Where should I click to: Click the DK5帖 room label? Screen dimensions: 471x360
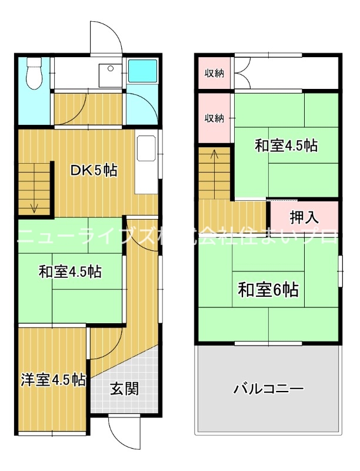(94, 171)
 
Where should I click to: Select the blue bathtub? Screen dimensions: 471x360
(142, 71)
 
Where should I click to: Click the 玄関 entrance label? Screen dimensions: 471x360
(124, 389)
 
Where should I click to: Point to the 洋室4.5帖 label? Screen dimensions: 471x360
(52, 380)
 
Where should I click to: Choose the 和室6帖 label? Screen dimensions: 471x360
(268, 290)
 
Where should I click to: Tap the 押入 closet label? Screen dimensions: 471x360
(304, 217)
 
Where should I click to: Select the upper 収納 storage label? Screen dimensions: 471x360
(214, 74)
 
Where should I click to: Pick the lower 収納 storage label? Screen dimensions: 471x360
(214, 118)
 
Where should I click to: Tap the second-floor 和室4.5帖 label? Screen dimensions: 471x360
(286, 145)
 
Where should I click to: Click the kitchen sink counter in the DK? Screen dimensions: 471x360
(145, 165)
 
